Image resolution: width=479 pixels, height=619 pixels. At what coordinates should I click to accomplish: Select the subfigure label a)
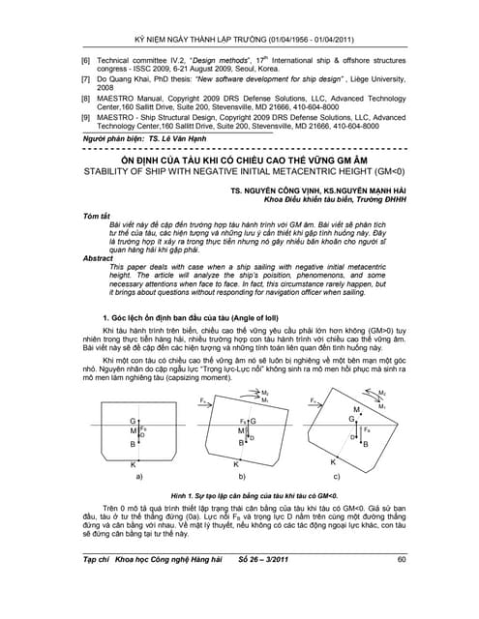point(141,477)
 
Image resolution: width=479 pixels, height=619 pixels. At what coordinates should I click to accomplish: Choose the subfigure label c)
point(337,477)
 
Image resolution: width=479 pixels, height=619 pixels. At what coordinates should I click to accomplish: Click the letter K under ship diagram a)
point(133,464)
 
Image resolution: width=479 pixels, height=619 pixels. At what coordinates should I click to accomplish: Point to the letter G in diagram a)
point(133,420)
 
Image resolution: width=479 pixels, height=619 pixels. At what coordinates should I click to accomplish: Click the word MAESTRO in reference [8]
point(116,97)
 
